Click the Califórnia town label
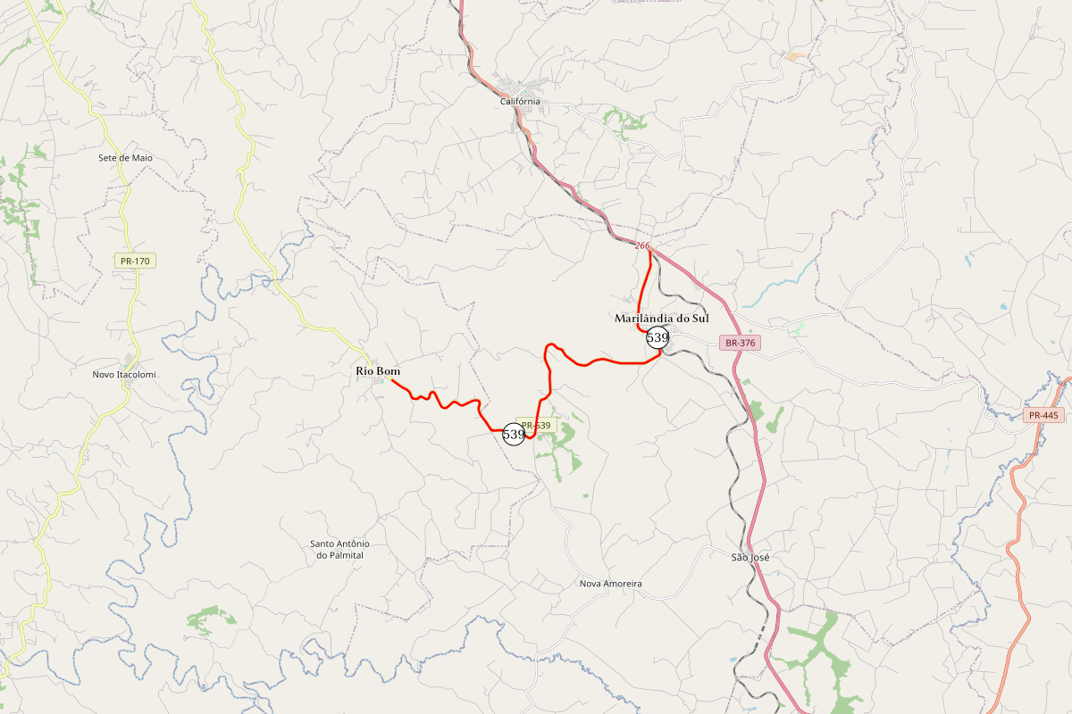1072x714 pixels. (x=520, y=102)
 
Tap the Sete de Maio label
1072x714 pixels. (x=125, y=158)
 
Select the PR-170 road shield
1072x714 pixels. (x=136, y=262)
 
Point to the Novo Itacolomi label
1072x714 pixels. (x=124, y=375)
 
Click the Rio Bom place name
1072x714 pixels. (x=378, y=371)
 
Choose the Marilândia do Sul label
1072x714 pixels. (x=661, y=319)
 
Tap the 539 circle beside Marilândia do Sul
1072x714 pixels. (x=657, y=337)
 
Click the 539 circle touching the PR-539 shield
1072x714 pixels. (x=514, y=435)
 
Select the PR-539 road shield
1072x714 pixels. (x=536, y=426)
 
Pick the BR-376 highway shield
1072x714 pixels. (x=741, y=343)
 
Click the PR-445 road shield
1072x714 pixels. (x=1043, y=415)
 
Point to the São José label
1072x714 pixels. (x=750, y=558)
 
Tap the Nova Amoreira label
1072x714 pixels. (x=611, y=584)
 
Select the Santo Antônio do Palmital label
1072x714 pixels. (x=339, y=549)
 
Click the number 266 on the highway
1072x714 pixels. (x=642, y=245)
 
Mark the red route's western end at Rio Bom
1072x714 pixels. (x=392, y=380)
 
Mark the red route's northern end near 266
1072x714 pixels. (x=649, y=253)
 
